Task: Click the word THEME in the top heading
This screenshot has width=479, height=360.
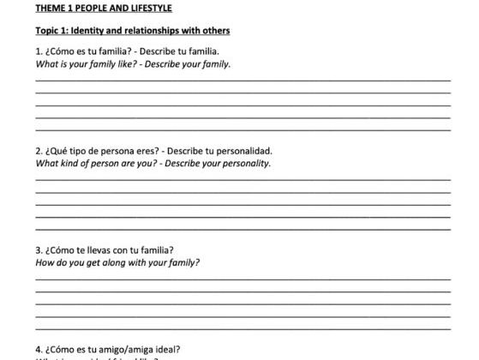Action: click(x=50, y=9)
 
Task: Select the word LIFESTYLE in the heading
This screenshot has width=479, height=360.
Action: click(x=149, y=9)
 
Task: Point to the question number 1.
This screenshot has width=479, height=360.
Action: click(x=39, y=51)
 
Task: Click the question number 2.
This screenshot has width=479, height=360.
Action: click(x=39, y=151)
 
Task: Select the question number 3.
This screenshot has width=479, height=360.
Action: click(x=39, y=250)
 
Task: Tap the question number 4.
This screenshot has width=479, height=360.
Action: click(x=39, y=350)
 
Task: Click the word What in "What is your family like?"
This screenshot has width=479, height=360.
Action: click(x=45, y=64)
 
